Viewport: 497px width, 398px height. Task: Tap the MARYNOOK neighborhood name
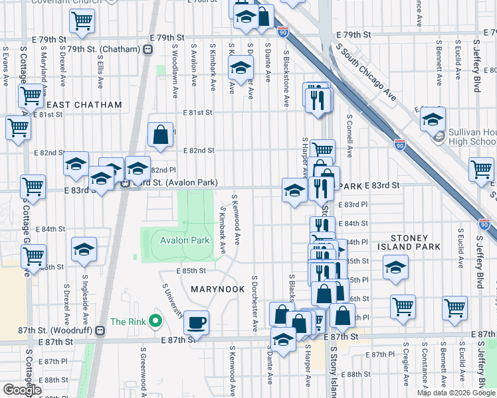(219, 289)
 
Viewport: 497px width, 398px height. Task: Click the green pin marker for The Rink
(155, 322)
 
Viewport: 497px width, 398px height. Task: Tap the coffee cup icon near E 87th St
(196, 323)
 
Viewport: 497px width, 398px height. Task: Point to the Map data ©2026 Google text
(455, 393)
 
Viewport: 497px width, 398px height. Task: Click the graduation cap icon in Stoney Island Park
(395, 268)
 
